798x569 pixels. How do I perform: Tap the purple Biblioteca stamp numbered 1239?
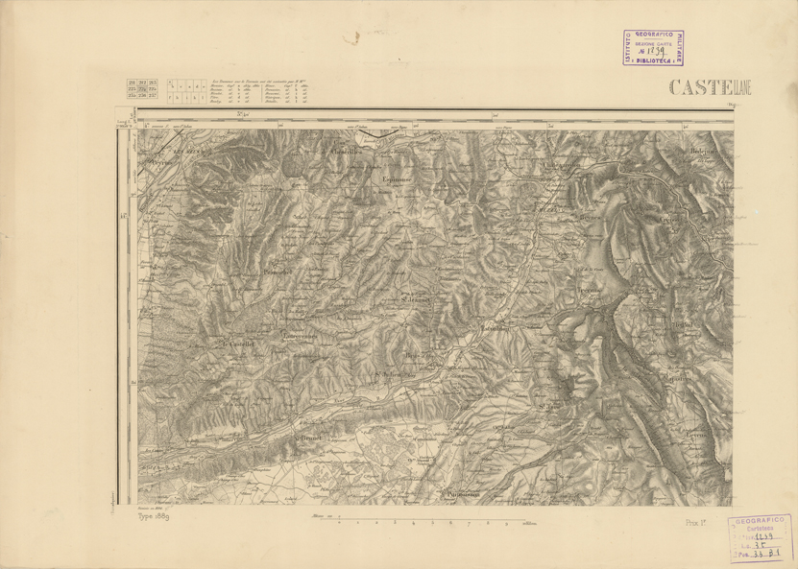[x=651, y=46]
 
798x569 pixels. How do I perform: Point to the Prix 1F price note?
[x=696, y=521]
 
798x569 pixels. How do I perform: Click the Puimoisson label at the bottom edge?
[x=460, y=496]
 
